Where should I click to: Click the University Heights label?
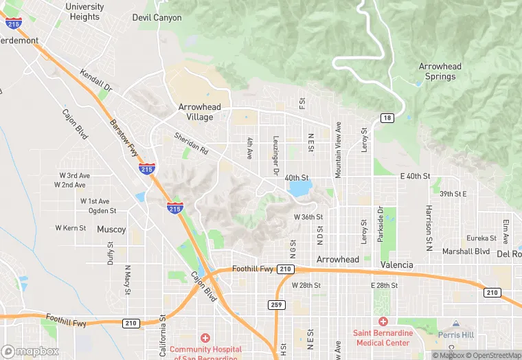(84, 12)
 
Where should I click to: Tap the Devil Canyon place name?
(157, 17)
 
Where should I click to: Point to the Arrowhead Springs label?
(440, 71)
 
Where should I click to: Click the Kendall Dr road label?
(95, 81)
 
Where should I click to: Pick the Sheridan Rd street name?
(190, 142)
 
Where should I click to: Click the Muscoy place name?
(111, 229)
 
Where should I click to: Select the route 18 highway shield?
(388, 117)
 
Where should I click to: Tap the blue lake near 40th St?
(299, 188)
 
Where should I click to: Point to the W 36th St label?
(308, 217)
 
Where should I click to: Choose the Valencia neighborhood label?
(397, 265)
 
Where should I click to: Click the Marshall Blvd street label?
(466, 251)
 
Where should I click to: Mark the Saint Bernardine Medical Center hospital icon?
(383, 322)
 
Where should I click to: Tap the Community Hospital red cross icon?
(204, 337)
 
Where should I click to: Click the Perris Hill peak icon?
(455, 324)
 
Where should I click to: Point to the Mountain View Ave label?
(338, 151)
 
